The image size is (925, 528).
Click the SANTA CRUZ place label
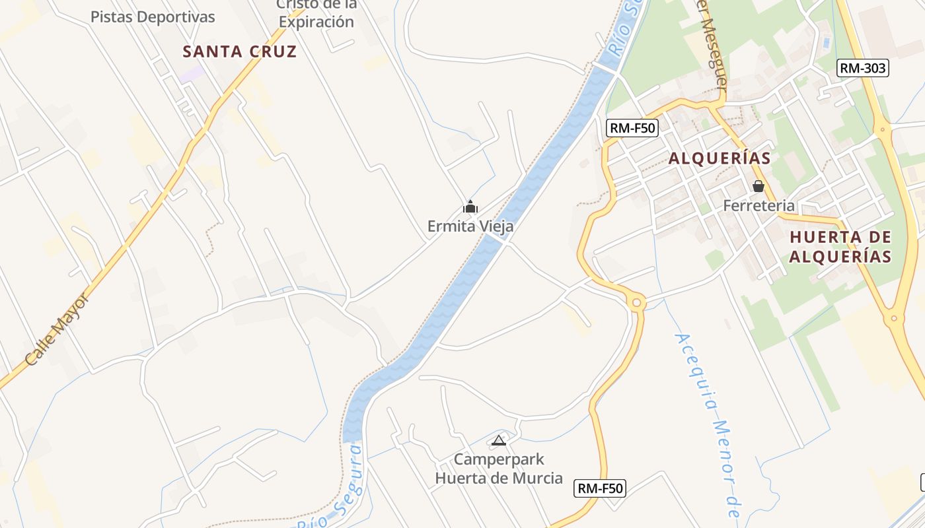point(239,51)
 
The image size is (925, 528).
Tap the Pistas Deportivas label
point(153,17)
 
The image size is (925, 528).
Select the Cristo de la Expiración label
point(316,13)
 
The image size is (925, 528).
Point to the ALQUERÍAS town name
point(720,158)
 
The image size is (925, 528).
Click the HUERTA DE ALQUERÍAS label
point(840,247)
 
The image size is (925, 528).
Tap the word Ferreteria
point(758,205)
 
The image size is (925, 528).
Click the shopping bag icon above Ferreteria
point(758,187)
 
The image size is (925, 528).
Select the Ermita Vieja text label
point(470,226)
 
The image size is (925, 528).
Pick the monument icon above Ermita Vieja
point(470,207)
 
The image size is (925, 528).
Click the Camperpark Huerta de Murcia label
point(499,469)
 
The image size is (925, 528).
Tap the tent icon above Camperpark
point(499,440)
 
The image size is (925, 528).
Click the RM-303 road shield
point(862,68)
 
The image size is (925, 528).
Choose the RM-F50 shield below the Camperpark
point(600,488)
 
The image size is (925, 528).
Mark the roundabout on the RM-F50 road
point(637,303)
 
